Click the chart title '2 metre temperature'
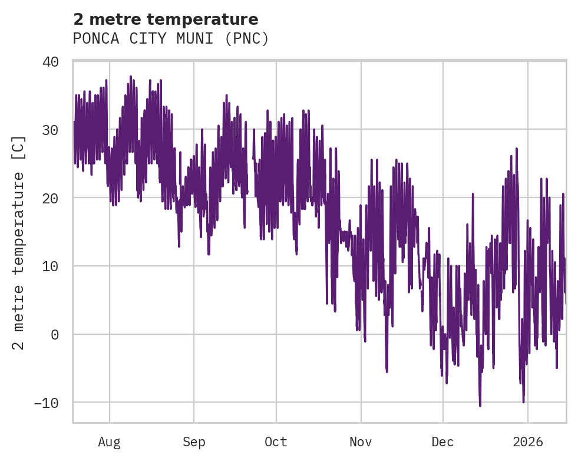(x=166, y=19)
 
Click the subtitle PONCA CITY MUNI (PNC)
(x=171, y=39)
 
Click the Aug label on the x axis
(x=110, y=442)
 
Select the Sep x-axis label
(x=193, y=442)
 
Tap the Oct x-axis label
(x=276, y=442)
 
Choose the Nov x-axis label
(x=361, y=442)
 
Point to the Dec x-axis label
(x=442, y=442)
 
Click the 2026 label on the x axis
(x=528, y=442)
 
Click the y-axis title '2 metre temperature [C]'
(x=19, y=242)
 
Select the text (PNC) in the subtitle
(x=249, y=39)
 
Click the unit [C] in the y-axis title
(x=19, y=146)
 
